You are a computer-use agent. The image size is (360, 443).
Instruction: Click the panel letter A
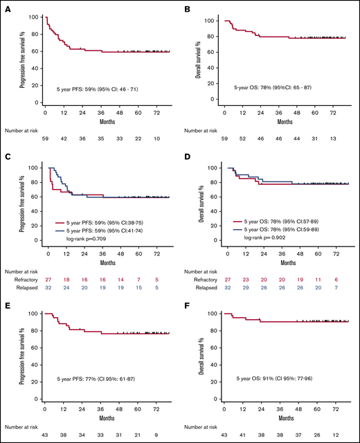coord(6,8)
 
